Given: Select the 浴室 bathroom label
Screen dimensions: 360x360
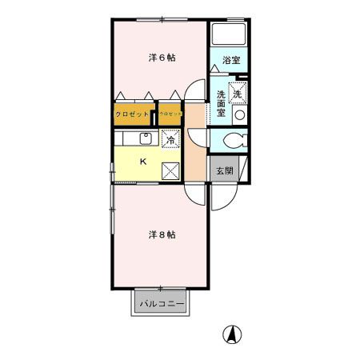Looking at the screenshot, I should point(231,61).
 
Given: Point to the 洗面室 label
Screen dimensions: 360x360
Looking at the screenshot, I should point(222,104).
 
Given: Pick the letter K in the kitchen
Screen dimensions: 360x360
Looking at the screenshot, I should point(143,162).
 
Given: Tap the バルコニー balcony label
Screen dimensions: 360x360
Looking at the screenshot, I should point(162,304).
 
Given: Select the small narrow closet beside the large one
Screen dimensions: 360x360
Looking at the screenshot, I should point(170,114).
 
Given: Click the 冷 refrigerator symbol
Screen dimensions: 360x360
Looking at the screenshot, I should point(170,139).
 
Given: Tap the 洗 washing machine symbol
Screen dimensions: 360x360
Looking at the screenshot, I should point(238,94).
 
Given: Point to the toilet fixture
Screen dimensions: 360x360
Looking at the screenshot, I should point(232,142).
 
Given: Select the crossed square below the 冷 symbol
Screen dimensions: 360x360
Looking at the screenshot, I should point(170,169).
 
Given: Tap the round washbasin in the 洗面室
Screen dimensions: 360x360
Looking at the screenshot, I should point(238,114).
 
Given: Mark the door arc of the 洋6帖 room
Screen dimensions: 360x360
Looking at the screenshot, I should point(194,93).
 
